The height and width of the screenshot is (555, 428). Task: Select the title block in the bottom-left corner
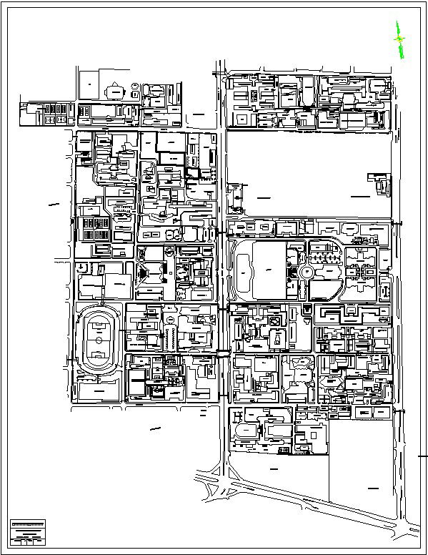point(27,531)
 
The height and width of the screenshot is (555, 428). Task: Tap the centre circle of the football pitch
point(97,340)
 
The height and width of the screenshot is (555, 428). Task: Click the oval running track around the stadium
point(81,340)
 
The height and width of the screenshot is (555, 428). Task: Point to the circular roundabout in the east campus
point(307,272)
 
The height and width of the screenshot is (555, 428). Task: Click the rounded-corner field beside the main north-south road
point(244,270)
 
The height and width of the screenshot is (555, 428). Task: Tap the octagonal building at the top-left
point(114,92)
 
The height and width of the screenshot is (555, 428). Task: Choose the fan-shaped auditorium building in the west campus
point(147,273)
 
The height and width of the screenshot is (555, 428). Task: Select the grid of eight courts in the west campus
point(94,229)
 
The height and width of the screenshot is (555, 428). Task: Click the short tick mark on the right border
point(422,454)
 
